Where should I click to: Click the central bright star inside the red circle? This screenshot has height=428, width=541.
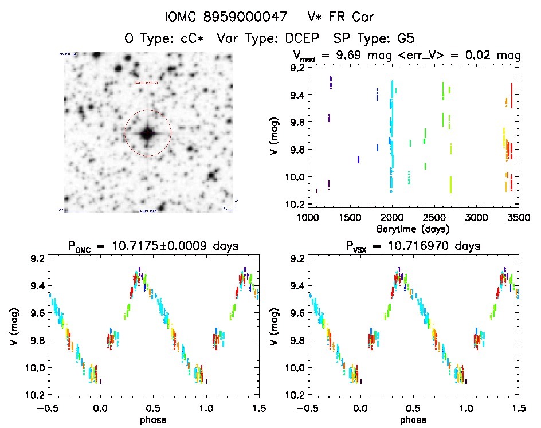pyautogui.click(x=147, y=133)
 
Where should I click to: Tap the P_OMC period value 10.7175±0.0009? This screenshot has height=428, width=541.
pyautogui.click(x=180, y=246)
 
